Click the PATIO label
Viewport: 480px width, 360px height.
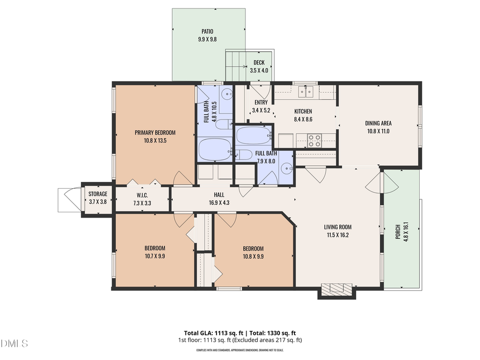pos(207,31)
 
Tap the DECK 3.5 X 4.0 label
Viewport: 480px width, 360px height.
pos(259,63)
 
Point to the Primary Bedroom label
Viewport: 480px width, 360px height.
pos(155,133)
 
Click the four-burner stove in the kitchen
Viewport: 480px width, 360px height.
pos(315,140)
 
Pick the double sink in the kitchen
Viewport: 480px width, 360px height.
pos(306,92)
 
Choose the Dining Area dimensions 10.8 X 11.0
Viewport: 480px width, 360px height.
pos(378,131)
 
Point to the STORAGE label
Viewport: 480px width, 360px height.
pos(98,194)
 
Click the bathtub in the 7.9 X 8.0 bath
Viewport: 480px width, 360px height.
pos(254,135)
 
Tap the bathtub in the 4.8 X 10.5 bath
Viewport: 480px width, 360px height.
pos(214,149)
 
